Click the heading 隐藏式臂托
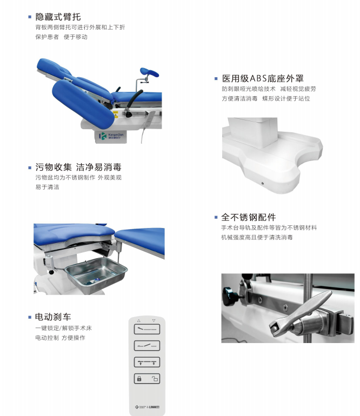pyautogui.click(x=58, y=17)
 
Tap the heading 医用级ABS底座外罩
pyautogui.click(x=263, y=78)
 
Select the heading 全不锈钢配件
pyautogui.click(x=249, y=217)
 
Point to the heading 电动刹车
pyautogui.click(x=53, y=317)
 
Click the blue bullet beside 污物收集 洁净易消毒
pyautogui.click(x=30, y=167)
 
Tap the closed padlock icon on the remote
pyautogui.click(x=139, y=379)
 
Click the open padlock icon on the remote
pyautogui.click(x=155, y=379)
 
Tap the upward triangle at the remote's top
pyautogui.click(x=138, y=321)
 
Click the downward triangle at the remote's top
pyautogui.click(x=154, y=321)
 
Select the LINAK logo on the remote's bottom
pyautogui.click(x=154, y=407)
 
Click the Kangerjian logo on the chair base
pyautogui.click(x=111, y=136)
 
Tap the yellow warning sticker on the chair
pyautogui.click(x=116, y=115)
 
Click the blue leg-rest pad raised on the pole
pyautogui.click(x=149, y=72)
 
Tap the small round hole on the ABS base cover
pyautogui.click(x=262, y=183)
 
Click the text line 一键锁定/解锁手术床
pyautogui.click(x=63, y=328)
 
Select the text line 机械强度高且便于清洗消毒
pyautogui.click(x=257, y=238)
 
